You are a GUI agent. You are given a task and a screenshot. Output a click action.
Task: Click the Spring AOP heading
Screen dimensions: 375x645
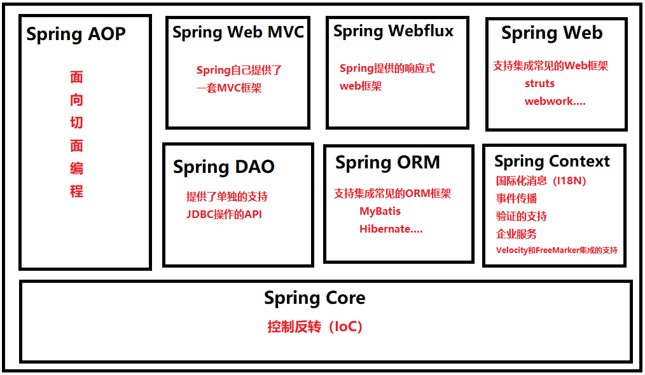[x=76, y=34]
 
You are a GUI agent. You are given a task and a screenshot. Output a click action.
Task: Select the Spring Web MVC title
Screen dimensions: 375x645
[x=238, y=32]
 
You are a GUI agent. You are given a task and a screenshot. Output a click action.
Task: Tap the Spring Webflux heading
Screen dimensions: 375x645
[x=393, y=31]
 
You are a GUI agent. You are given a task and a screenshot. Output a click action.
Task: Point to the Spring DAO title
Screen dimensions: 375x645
[x=224, y=167]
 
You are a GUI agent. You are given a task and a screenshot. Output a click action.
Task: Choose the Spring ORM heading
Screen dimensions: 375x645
[x=387, y=163]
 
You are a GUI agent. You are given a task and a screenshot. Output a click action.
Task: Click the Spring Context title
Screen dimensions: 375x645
[x=551, y=161]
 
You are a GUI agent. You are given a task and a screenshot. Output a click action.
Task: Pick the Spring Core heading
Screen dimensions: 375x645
[x=314, y=297]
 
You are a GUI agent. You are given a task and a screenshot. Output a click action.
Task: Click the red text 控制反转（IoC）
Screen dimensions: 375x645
[x=314, y=327]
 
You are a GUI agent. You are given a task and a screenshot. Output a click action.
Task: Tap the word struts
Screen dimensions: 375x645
[x=539, y=83]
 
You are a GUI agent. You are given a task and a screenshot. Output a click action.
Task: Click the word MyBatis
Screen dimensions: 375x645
[x=380, y=211]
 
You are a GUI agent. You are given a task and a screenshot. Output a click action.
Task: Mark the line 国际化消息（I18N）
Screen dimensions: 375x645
[x=541, y=181]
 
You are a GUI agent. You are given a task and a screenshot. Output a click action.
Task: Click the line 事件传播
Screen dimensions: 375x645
[x=516, y=198]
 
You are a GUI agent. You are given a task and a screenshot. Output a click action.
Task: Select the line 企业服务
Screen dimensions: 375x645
[x=516, y=234]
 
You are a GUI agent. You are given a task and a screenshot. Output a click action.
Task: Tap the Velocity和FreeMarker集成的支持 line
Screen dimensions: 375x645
[x=557, y=250]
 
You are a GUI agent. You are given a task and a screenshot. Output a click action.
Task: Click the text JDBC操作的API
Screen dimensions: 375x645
[x=224, y=214]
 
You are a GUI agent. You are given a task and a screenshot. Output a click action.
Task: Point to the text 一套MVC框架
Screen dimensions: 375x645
[x=229, y=88]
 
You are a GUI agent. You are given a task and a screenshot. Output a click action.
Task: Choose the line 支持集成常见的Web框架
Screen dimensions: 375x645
[x=550, y=65]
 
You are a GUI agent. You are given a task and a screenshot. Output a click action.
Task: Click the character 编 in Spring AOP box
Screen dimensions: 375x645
[x=76, y=168]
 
